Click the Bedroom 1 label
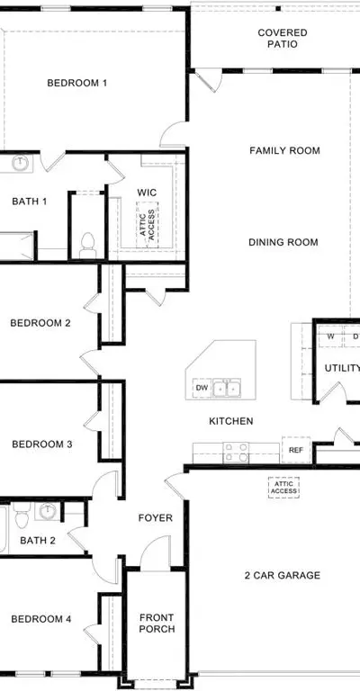pos(77,83)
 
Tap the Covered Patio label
pos(283,39)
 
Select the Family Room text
pos(284,151)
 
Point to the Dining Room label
pos(283,242)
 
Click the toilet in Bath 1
pos(87,246)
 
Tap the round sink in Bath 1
pos(20,163)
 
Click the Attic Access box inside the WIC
pos(148,225)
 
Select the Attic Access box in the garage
pos(283,488)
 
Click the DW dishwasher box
pos(202,388)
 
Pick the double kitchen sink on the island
pos(227,389)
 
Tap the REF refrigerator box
pos(296,450)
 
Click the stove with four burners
pos(236,453)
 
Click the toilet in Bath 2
pos(22,515)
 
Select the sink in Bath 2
pos(47,511)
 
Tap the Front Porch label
pos(157,624)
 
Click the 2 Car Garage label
pos(283,575)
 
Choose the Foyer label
pos(156,518)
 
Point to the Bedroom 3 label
pos(42,444)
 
